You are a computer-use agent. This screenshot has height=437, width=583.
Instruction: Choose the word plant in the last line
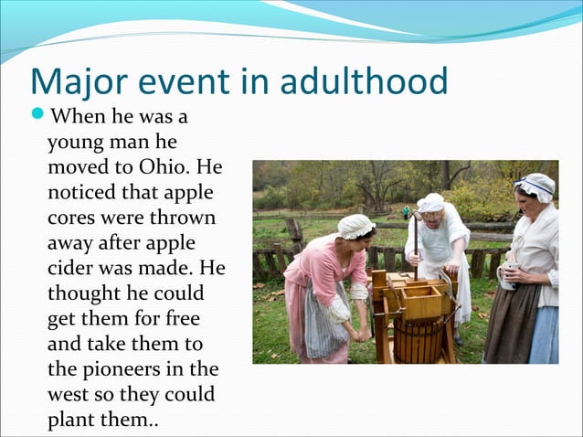click(x=71, y=421)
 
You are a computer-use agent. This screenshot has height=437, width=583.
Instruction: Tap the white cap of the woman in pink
click(x=355, y=225)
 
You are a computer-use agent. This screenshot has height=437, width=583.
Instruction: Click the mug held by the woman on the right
click(x=506, y=276)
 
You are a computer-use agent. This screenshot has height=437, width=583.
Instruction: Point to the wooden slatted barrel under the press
click(x=418, y=338)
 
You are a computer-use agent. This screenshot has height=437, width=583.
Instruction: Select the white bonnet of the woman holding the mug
click(x=535, y=186)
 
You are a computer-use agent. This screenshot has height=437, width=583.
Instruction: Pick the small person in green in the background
click(x=407, y=211)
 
